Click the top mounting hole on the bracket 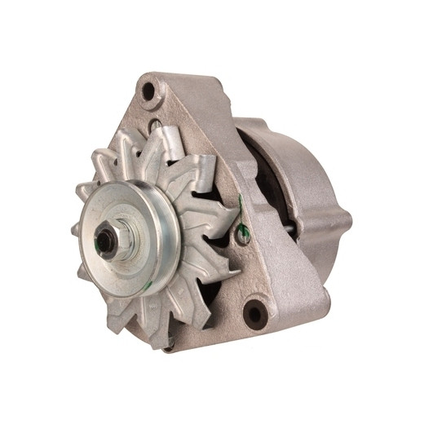pos(150,91)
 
